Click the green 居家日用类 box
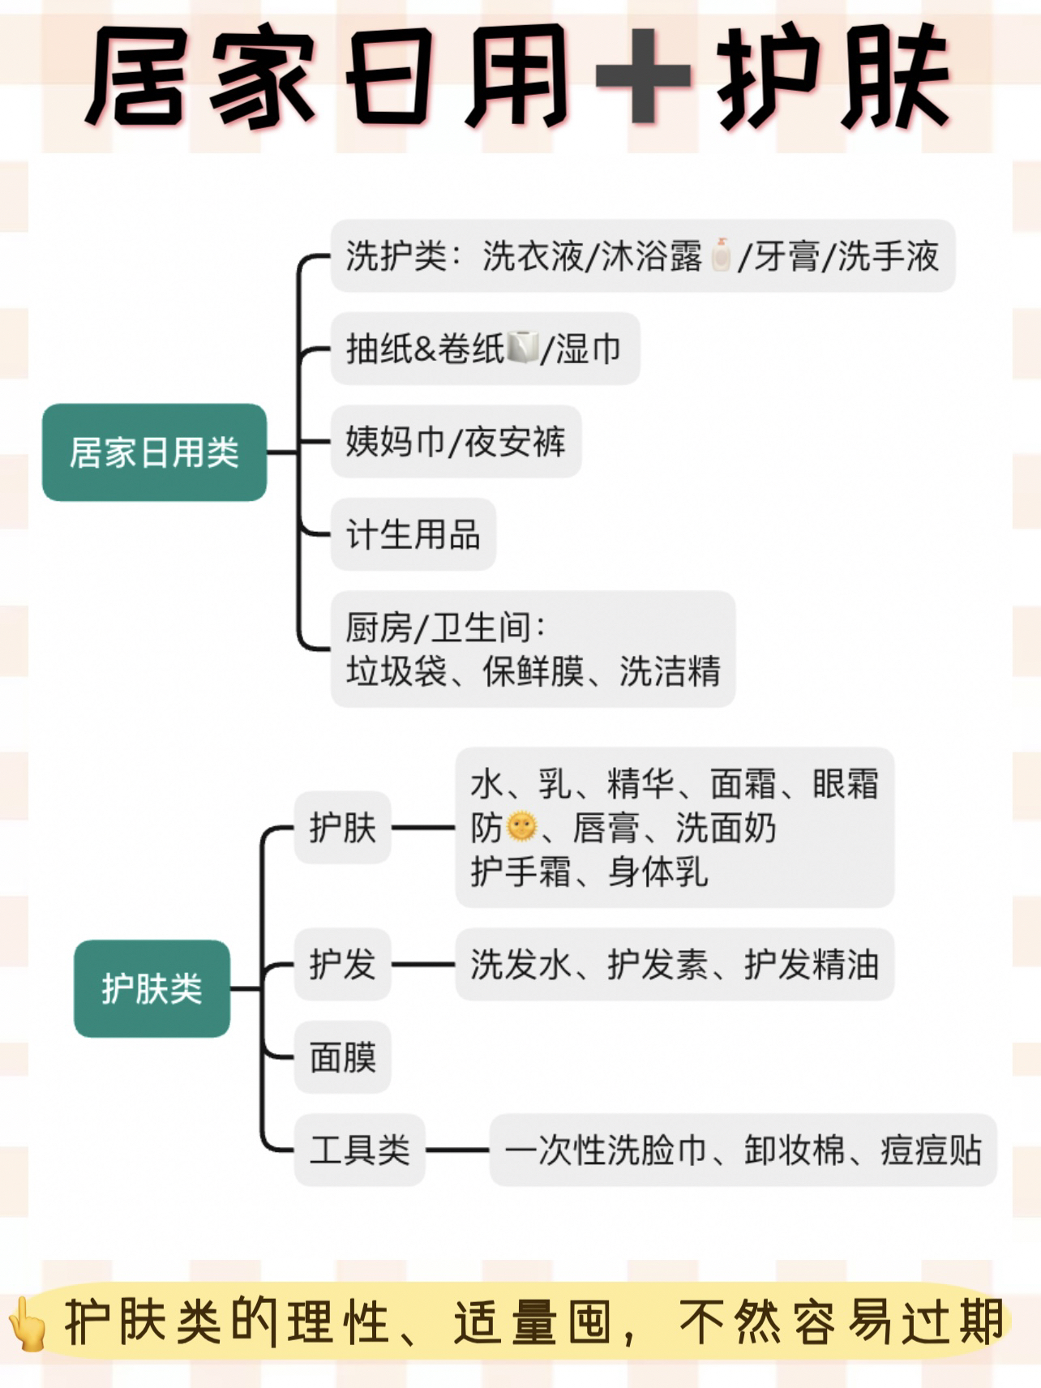tap(154, 452)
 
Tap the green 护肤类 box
tap(152, 988)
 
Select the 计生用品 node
tap(413, 534)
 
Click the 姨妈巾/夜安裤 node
tap(456, 442)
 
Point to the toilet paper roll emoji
tap(523, 349)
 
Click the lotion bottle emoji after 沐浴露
tap(721, 255)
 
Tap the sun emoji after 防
tap(520, 827)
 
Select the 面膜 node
tap(342, 1057)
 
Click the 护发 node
tap(342, 964)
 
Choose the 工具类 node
tap(359, 1150)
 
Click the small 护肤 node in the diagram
tap(342, 828)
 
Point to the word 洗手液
tap(889, 256)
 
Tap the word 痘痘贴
tap(932, 1150)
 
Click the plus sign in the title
tap(643, 75)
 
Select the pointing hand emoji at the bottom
tap(29, 1322)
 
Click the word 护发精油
tap(812, 964)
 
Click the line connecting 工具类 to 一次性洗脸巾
tap(457, 1150)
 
